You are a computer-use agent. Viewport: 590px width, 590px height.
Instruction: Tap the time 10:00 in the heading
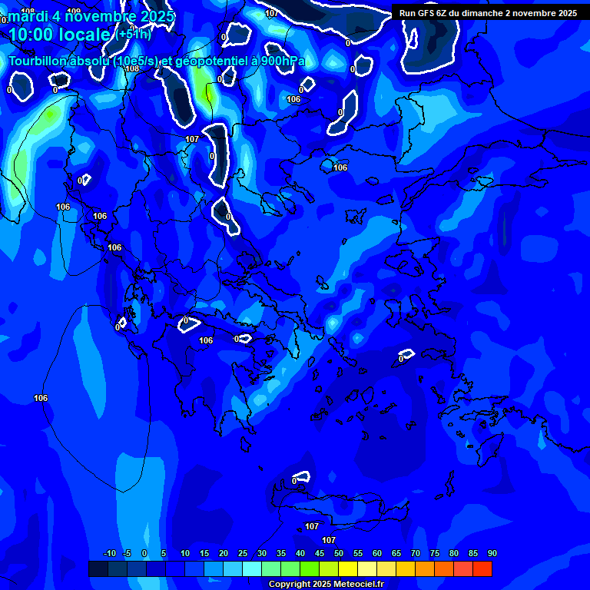click(x=33, y=34)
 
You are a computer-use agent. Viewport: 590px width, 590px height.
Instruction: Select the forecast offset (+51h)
click(x=134, y=34)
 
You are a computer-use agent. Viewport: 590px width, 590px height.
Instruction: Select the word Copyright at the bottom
click(x=290, y=584)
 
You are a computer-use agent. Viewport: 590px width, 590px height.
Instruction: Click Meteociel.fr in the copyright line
click(x=359, y=584)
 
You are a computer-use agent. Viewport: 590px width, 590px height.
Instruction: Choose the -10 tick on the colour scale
click(x=108, y=553)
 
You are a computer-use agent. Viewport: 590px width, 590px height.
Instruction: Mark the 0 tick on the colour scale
click(x=144, y=553)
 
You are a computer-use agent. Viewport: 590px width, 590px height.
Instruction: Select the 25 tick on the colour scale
click(x=242, y=553)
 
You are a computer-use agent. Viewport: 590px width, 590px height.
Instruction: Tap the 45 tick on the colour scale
click(x=319, y=553)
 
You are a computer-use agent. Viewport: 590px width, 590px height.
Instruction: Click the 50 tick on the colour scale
click(x=338, y=553)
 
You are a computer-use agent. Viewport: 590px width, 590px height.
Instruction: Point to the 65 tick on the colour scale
click(x=396, y=553)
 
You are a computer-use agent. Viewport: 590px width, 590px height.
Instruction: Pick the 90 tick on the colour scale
click(x=492, y=553)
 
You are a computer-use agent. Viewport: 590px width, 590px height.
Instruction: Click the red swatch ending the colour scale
click(x=482, y=568)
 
